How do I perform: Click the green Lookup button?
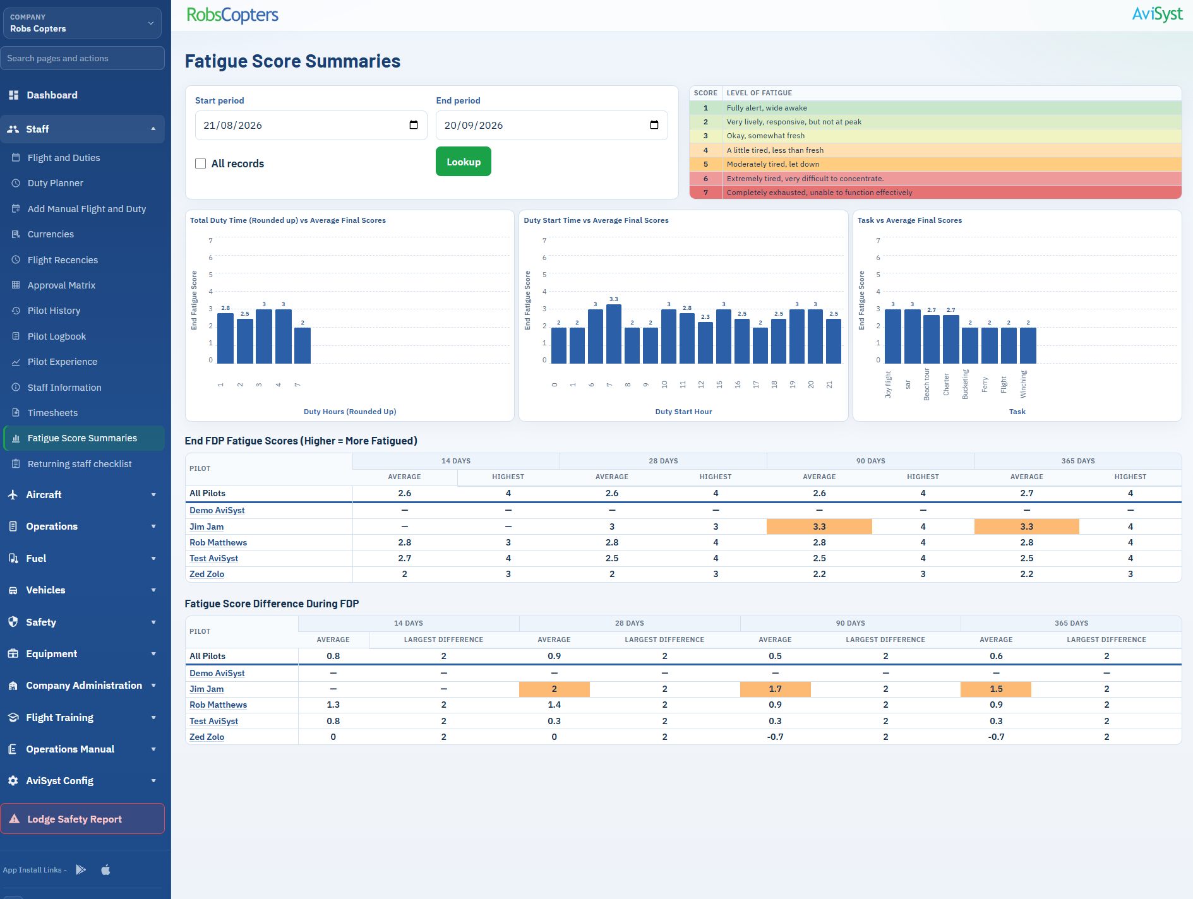point(463,162)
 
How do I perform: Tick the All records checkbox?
point(201,164)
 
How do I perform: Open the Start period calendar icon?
point(414,125)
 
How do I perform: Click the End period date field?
point(551,125)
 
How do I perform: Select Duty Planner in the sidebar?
point(56,183)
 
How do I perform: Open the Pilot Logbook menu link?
point(57,336)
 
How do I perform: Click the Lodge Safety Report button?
point(83,819)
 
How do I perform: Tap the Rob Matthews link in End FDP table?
point(219,542)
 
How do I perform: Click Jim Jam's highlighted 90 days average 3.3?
point(819,527)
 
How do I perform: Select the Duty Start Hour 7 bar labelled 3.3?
point(613,334)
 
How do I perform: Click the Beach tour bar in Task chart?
point(931,339)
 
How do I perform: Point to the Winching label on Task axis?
point(1023,384)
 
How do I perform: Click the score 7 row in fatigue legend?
point(935,193)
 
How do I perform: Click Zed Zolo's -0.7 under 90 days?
point(775,737)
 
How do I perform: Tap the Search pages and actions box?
point(83,58)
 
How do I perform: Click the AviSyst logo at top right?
point(1157,15)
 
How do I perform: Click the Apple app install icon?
point(105,869)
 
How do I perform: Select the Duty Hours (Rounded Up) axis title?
point(350,412)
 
